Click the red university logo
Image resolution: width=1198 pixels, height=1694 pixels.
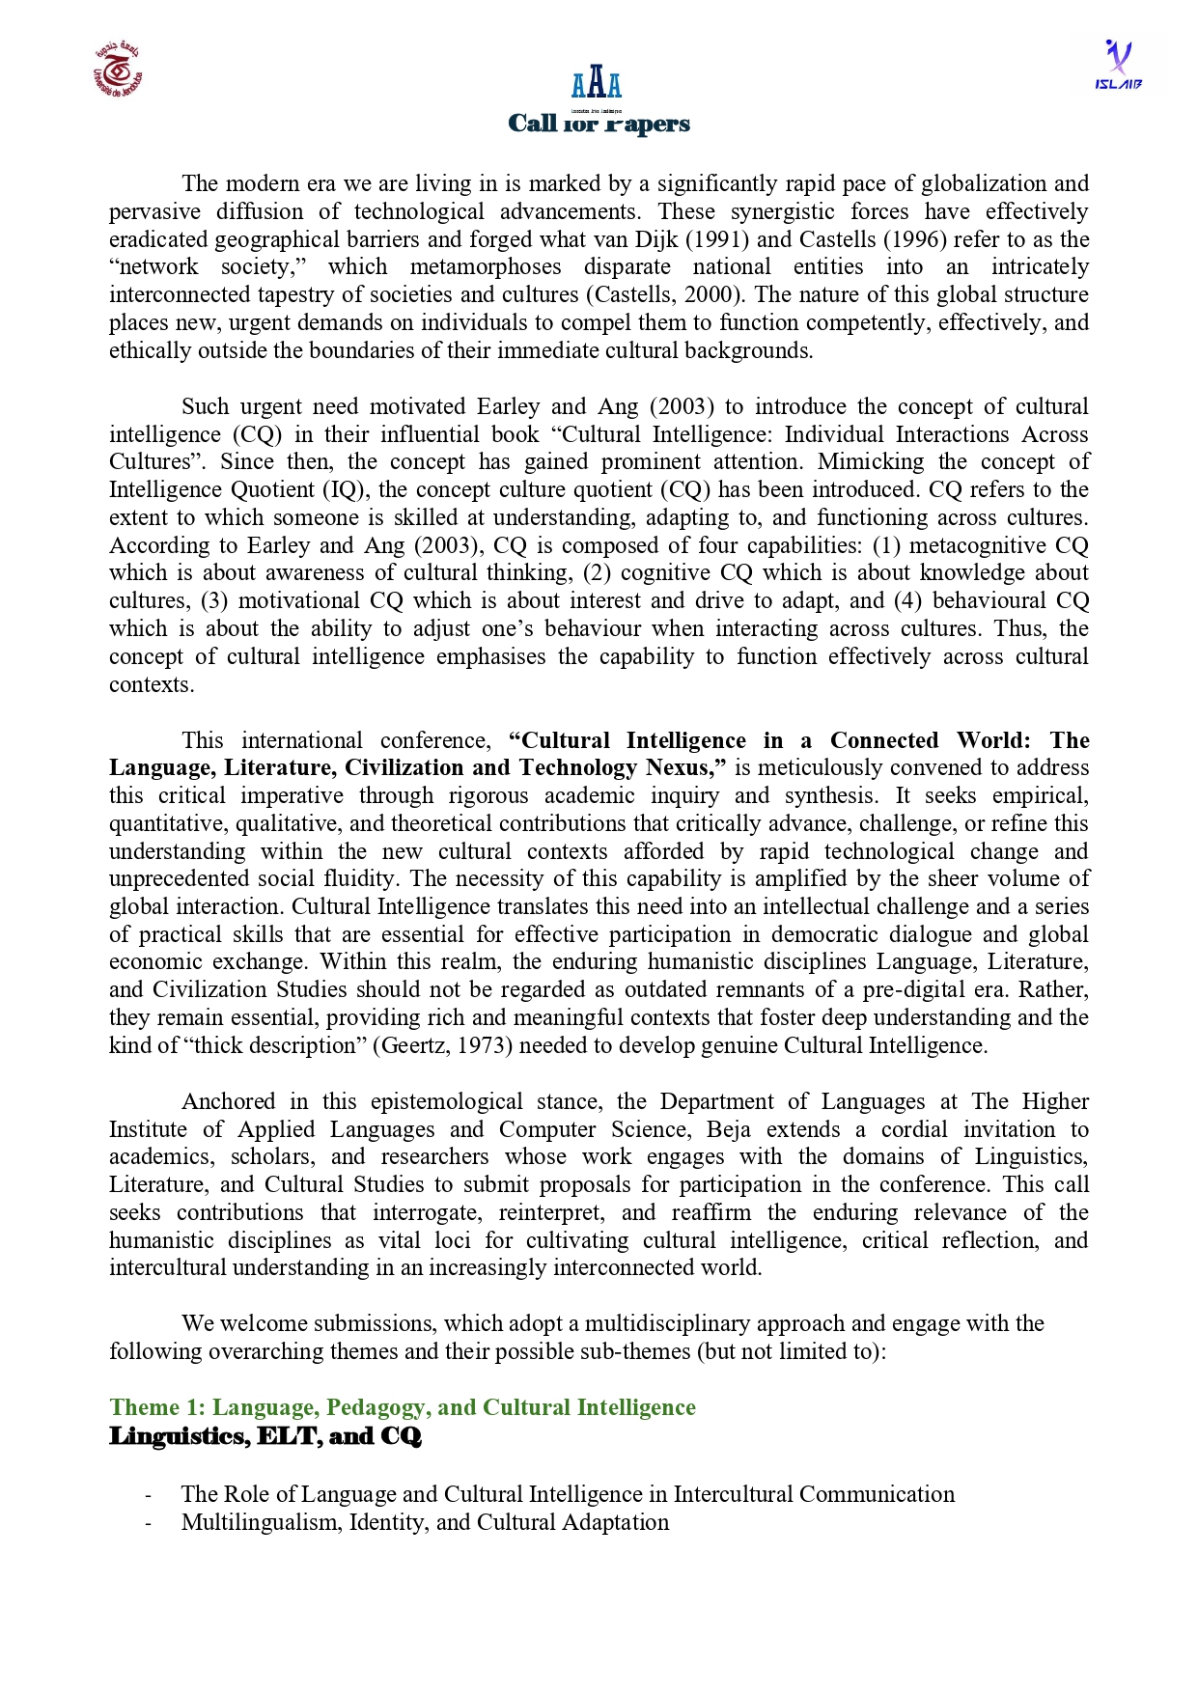click(118, 70)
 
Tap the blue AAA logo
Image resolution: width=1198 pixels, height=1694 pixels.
click(597, 83)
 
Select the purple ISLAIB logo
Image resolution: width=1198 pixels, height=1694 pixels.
click(1118, 65)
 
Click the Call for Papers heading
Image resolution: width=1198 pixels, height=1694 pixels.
click(599, 124)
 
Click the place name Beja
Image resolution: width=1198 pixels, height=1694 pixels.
click(729, 1130)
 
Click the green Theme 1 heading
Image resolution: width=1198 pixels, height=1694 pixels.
click(402, 1407)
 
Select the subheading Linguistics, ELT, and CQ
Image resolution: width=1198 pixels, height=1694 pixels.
click(265, 1436)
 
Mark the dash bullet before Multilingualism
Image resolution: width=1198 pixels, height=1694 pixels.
click(148, 1523)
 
